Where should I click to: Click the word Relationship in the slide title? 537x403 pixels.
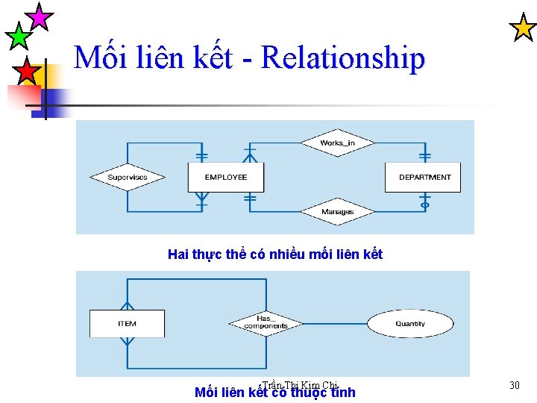[x=344, y=58]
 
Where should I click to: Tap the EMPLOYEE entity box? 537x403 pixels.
[x=225, y=177]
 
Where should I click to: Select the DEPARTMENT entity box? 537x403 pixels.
[x=424, y=177]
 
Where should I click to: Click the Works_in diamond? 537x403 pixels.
[x=337, y=143]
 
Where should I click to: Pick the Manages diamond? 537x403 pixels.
[x=337, y=212]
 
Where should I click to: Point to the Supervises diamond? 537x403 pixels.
[x=128, y=177]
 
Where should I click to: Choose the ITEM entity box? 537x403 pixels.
[x=127, y=323]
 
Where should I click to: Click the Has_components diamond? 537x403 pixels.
[x=266, y=323]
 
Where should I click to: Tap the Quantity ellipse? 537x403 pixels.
[x=410, y=323]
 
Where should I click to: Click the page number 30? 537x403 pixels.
[x=514, y=385]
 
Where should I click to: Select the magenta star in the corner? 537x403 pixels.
[x=39, y=16]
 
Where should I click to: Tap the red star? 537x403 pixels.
[x=27, y=72]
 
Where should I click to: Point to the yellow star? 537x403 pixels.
[x=522, y=28]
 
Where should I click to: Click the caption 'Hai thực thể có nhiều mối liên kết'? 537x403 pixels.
[x=275, y=254]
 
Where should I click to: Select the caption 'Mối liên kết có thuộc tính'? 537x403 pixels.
[x=274, y=393]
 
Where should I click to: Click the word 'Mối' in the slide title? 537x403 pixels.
[x=104, y=58]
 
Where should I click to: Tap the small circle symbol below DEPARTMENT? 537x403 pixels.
[x=425, y=204]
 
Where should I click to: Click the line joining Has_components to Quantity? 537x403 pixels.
[x=336, y=323]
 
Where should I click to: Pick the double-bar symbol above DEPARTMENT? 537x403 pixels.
[x=425, y=156]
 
